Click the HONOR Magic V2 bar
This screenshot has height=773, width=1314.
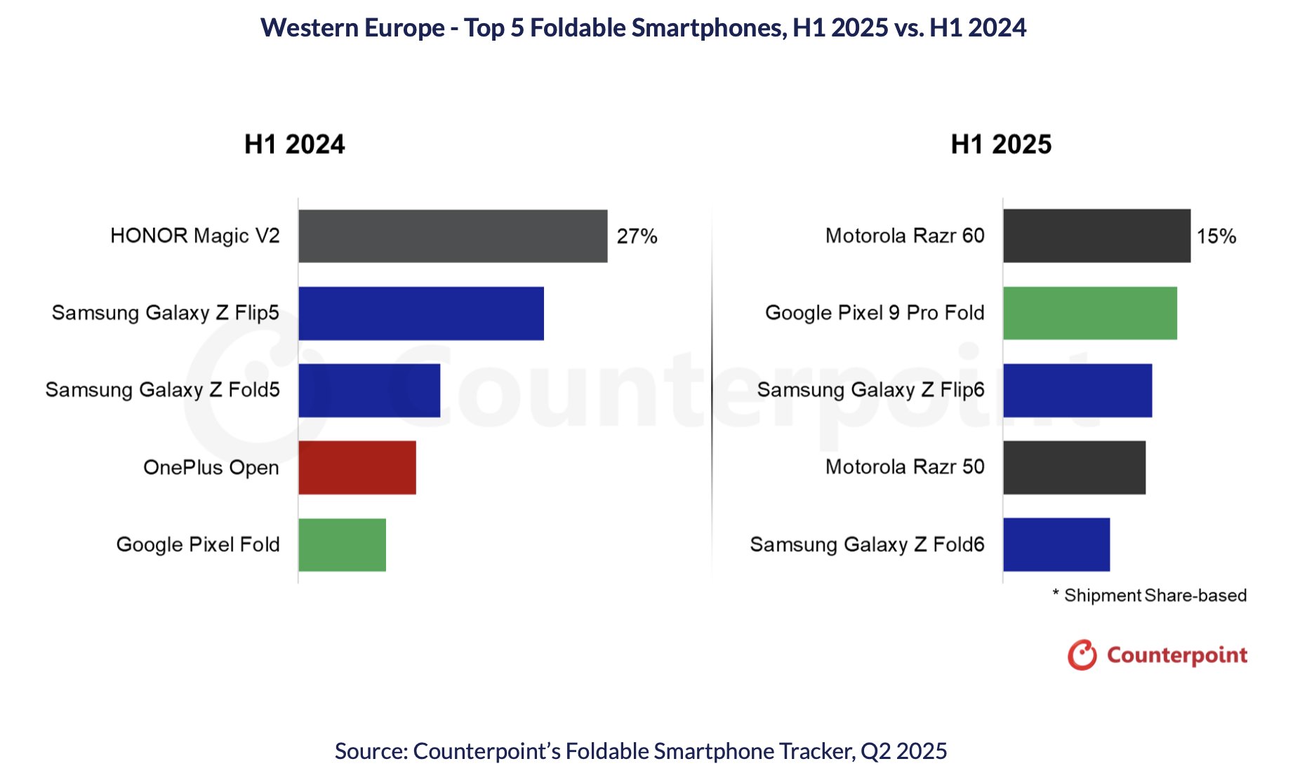453,236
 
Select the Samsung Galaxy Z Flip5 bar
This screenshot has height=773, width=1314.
421,314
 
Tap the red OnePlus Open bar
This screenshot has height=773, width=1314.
357,468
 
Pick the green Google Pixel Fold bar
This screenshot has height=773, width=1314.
342,545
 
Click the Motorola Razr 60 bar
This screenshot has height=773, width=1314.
1096,236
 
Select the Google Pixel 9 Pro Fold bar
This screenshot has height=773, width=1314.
1089,314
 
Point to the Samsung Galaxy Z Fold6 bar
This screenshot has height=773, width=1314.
1056,545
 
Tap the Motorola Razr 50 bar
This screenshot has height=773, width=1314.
1074,468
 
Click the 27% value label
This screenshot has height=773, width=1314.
637,236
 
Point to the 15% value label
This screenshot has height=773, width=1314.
1216,236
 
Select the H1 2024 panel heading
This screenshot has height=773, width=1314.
295,144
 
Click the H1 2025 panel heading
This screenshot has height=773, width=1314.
1001,144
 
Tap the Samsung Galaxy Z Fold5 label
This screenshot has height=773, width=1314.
163,390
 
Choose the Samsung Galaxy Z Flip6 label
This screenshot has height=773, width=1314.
870,390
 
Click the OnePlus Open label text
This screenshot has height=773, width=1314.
211,468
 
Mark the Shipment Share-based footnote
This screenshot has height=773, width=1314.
1150,596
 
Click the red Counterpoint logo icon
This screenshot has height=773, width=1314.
1082,655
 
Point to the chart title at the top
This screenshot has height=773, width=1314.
643,28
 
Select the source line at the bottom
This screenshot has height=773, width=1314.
641,751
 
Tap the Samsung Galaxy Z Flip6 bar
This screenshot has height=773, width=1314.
1077,391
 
